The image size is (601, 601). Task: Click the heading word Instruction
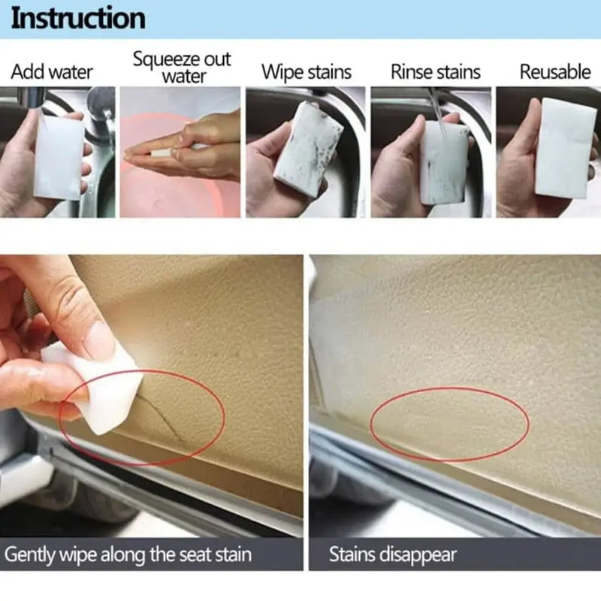(78, 18)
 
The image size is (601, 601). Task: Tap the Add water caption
(52, 72)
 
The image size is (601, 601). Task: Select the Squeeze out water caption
(182, 67)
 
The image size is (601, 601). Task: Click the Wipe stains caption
(307, 72)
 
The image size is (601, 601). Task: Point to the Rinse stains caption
(435, 72)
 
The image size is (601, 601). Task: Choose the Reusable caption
(555, 72)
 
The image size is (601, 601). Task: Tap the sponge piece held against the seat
(94, 383)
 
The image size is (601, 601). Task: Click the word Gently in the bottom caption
(32, 556)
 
